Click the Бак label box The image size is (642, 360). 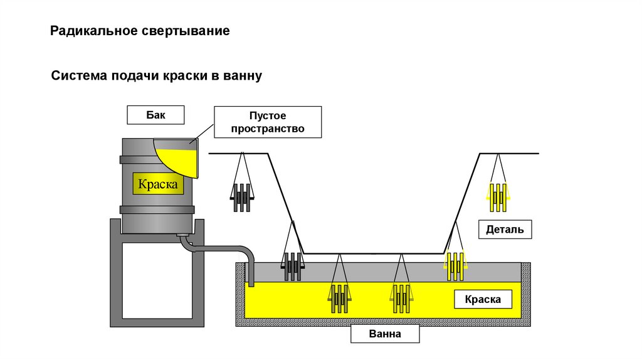pos(155,115)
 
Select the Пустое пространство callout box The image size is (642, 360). pos(268,122)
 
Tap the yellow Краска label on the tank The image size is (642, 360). pos(158,184)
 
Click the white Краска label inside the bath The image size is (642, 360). pos(483,299)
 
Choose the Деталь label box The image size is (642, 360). pos(505,230)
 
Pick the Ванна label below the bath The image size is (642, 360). pos(384,334)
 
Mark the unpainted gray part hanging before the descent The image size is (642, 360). pos(242,197)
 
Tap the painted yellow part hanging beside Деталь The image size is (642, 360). pos(498,196)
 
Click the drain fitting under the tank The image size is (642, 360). pos(184,237)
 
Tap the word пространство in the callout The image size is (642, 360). pos(268,129)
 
